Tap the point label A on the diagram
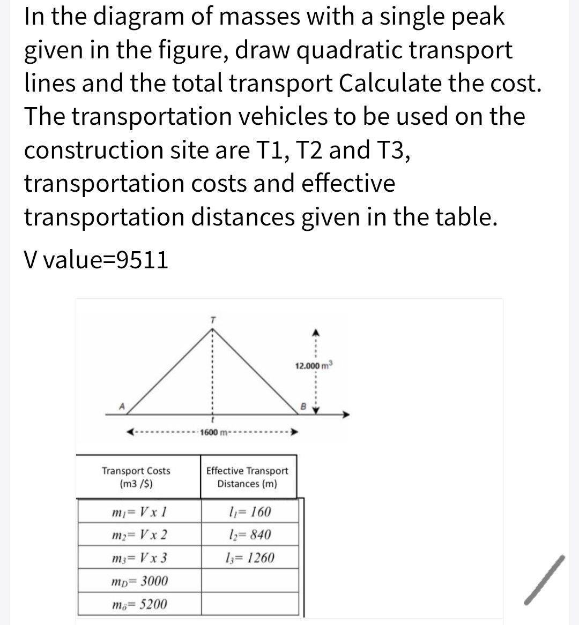pos(122,406)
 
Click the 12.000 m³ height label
pos(314,366)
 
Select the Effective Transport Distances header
pos(247,477)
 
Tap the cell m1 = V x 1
pos(138,512)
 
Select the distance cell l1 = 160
pos(249,512)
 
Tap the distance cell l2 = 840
pos(249,535)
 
